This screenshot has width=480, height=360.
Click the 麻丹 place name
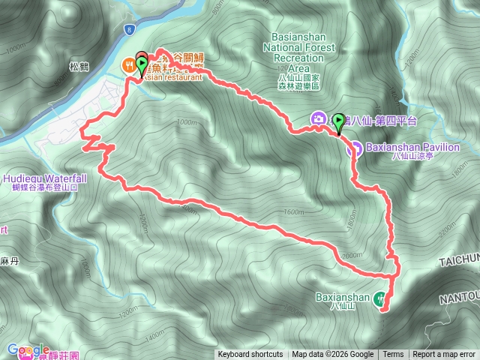10,260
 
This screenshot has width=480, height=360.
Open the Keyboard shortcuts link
250,355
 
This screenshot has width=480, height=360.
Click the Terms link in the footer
393,355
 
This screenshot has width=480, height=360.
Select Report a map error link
444,355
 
